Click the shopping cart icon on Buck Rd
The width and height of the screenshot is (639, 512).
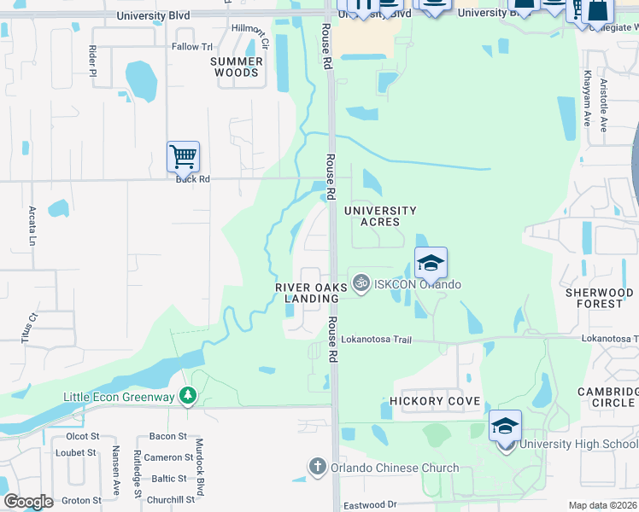pyautogui.click(x=183, y=157)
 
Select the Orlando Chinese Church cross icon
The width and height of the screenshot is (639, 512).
pyautogui.click(x=317, y=467)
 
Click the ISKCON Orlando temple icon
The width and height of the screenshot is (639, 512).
pyautogui.click(x=361, y=281)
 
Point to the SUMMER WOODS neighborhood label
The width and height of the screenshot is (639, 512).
pyautogui.click(x=237, y=67)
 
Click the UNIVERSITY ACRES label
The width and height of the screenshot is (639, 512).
pyautogui.click(x=380, y=216)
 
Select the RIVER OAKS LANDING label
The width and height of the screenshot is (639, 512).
pyautogui.click(x=307, y=293)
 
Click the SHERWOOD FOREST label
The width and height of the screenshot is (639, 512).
pyautogui.click(x=599, y=298)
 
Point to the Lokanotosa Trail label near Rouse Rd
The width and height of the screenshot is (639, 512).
pyautogui.click(x=376, y=340)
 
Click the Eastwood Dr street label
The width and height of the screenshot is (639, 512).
pyautogui.click(x=371, y=505)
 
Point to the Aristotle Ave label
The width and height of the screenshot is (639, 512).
pyautogui.click(x=603, y=105)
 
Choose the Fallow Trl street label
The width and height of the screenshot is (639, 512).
pyautogui.click(x=191, y=47)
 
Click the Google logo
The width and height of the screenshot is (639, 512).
pyautogui.click(x=28, y=502)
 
